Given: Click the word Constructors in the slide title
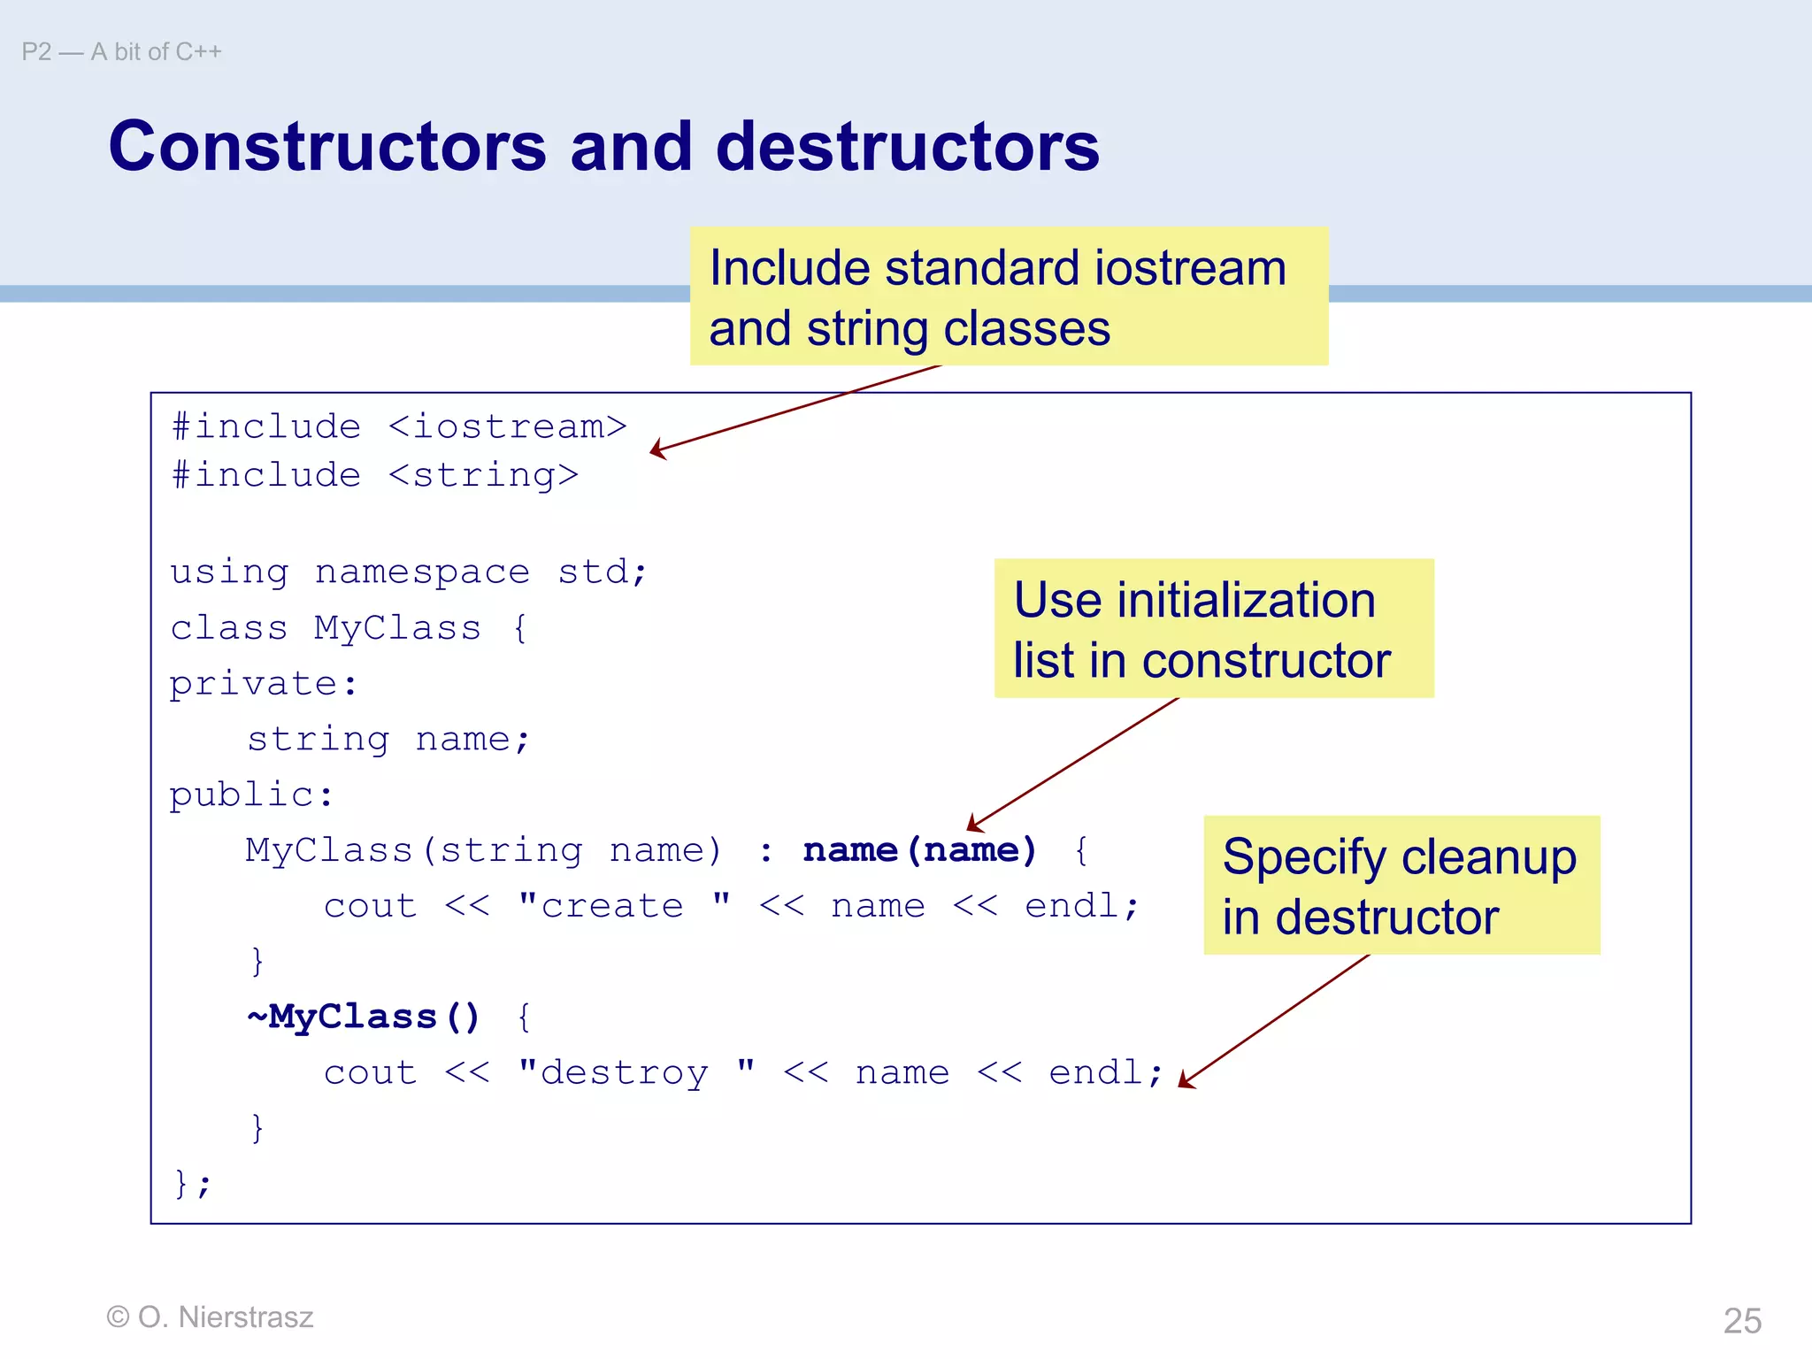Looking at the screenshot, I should pyautogui.click(x=327, y=146).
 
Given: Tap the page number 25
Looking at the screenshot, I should pyautogui.click(x=1742, y=1321).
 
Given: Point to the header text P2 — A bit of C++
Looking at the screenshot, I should pyautogui.click(x=121, y=52).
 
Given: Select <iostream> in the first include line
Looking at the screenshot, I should pyautogui.click(x=507, y=427).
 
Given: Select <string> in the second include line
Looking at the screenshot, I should pyautogui.click(x=483, y=476).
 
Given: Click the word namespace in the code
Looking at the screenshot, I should pyautogui.click(x=422, y=572).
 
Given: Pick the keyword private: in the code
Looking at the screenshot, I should pyautogui.click(x=264, y=684).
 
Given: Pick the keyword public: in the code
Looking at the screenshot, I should pyautogui.click(x=251, y=795).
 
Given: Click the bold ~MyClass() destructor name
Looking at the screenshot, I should pyautogui.click(x=364, y=1017).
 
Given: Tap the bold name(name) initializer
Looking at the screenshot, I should pyautogui.click(x=919, y=850).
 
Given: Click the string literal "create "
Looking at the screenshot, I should pyautogui.click(x=625, y=906).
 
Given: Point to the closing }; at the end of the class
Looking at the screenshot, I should pyautogui.click(x=193, y=1183).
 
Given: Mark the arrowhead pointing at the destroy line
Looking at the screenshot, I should pyautogui.click(x=1186, y=1081).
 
